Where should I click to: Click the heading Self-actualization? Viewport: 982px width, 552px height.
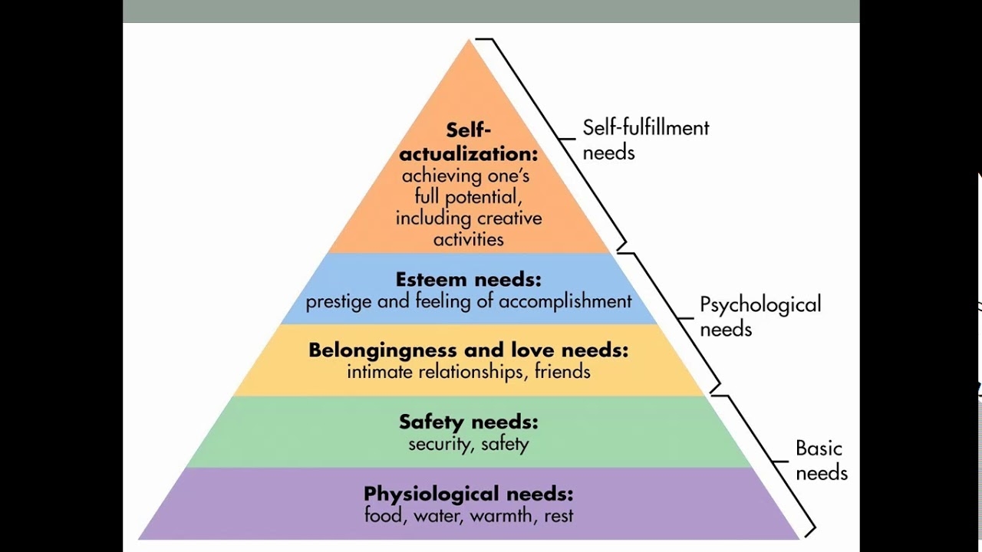click(x=469, y=141)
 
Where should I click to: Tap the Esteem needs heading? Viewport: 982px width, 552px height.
click(x=468, y=279)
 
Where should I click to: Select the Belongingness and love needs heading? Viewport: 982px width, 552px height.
click(x=468, y=350)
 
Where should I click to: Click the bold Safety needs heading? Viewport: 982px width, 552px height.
click(x=468, y=422)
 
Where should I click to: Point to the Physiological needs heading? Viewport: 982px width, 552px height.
click(x=468, y=493)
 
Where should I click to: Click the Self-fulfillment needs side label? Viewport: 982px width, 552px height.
click(x=645, y=140)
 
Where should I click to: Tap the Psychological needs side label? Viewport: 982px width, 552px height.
click(x=760, y=316)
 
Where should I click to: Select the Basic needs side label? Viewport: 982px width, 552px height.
click(x=821, y=460)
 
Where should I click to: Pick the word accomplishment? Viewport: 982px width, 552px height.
click(x=565, y=301)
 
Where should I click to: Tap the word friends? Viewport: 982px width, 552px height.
click(x=563, y=372)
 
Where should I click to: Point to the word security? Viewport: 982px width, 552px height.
click(x=438, y=444)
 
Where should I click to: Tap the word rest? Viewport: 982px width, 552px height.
click(x=558, y=516)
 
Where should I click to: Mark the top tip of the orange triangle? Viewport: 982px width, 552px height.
click(x=470, y=41)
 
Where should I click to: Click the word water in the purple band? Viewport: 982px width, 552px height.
click(x=437, y=516)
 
